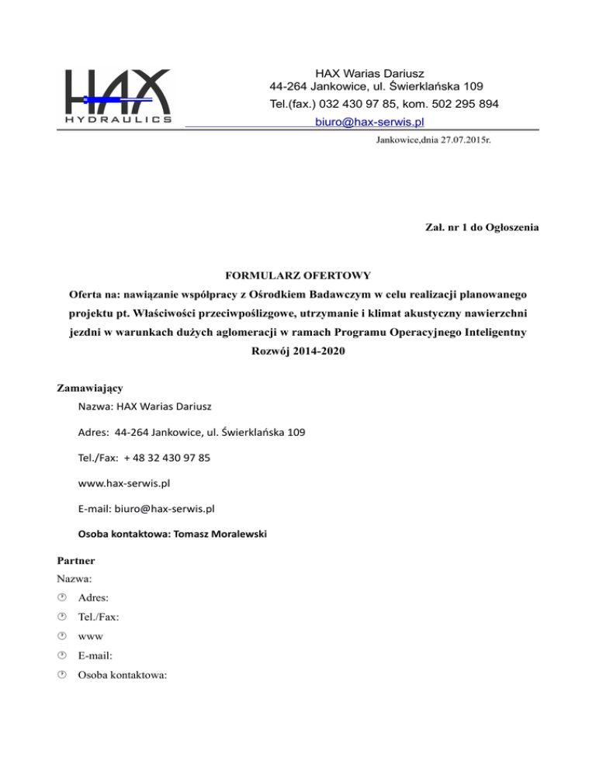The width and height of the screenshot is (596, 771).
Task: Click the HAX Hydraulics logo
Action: (118, 97)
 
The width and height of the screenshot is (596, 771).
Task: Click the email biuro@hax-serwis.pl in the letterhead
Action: (369, 122)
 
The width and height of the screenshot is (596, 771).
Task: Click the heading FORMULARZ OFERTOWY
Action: (297, 275)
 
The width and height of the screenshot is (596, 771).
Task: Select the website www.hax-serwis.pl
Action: (125, 483)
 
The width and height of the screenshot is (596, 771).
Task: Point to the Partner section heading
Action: (79, 558)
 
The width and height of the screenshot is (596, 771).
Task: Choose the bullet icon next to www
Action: (62, 636)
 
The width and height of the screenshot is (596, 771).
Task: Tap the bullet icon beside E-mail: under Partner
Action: (62, 655)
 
